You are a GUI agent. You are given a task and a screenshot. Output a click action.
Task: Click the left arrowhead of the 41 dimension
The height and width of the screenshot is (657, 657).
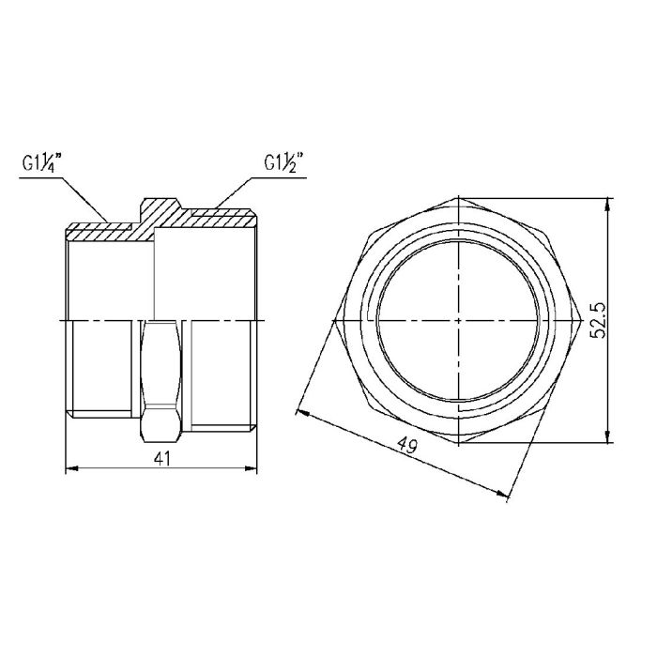click(x=68, y=467)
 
